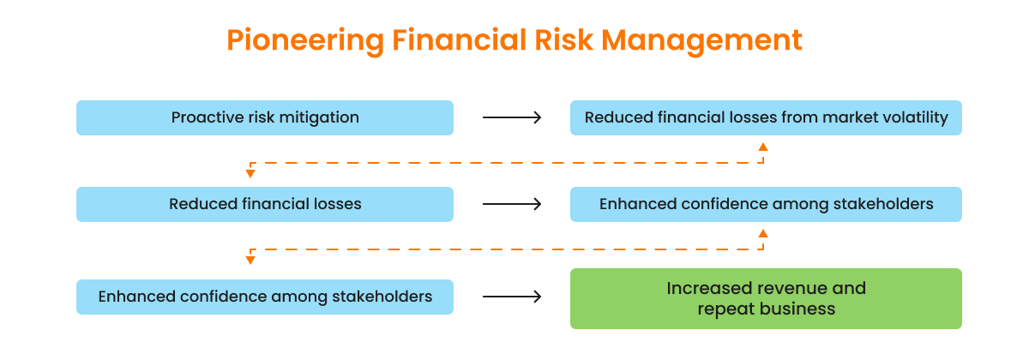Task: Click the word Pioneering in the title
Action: click(x=305, y=40)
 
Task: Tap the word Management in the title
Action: click(x=701, y=40)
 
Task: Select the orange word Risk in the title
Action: click(x=563, y=39)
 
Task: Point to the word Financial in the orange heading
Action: click(x=459, y=39)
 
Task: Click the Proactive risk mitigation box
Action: click(x=265, y=117)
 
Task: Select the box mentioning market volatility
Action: click(x=766, y=117)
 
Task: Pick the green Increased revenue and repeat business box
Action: click(x=766, y=298)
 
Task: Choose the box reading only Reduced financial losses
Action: click(x=265, y=204)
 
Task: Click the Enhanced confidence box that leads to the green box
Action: click(x=265, y=297)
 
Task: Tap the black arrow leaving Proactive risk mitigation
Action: click(x=512, y=117)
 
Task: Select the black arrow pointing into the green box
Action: click(x=512, y=297)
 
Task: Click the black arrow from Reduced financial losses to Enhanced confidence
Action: click(x=512, y=204)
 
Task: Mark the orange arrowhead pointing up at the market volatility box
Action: click(x=763, y=147)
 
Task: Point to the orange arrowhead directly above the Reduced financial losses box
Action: click(x=250, y=173)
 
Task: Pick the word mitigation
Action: click(x=319, y=117)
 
